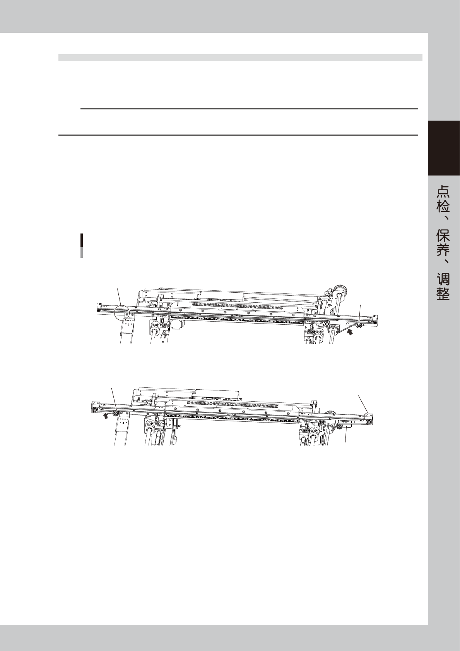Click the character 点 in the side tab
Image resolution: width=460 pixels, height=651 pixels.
click(443, 192)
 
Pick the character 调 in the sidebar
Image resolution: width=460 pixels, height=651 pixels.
click(443, 279)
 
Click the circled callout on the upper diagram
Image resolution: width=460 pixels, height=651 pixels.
click(122, 312)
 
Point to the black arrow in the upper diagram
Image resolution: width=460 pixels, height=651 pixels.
click(351, 331)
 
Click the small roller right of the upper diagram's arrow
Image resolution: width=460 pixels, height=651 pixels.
click(359, 325)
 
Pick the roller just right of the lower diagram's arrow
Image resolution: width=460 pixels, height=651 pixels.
click(115, 413)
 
